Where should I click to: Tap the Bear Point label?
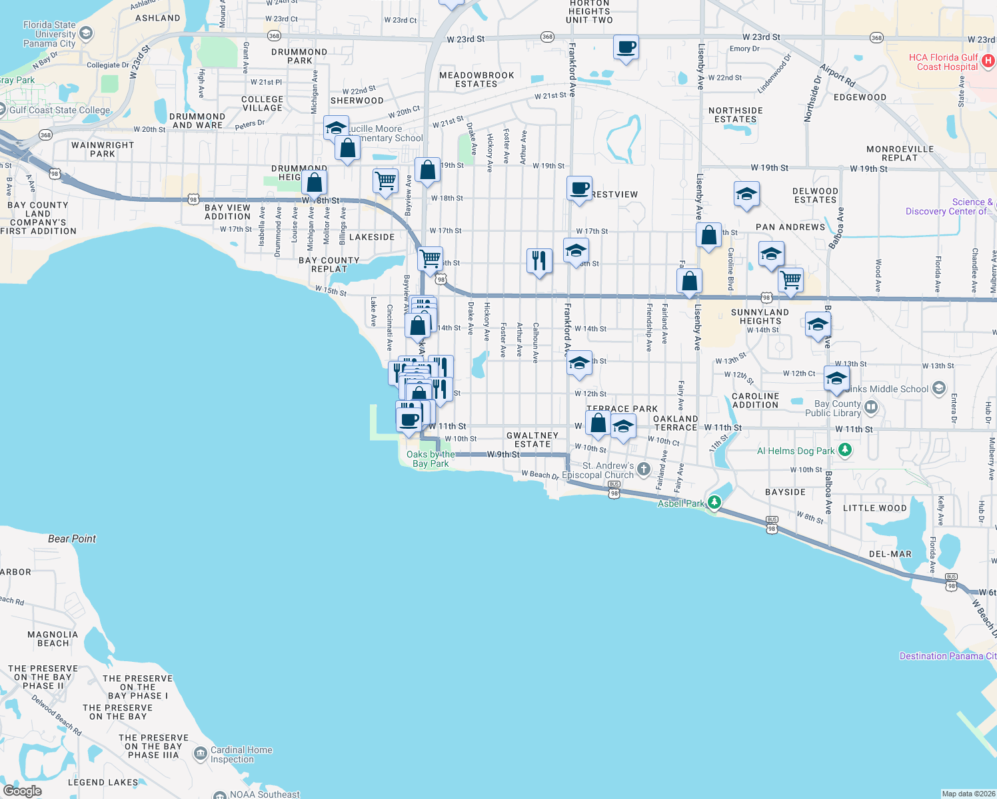pyautogui.click(x=72, y=539)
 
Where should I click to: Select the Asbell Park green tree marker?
pyautogui.click(x=714, y=502)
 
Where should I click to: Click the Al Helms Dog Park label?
pyautogui.click(x=796, y=451)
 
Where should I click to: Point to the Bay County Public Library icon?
pyautogui.click(x=870, y=406)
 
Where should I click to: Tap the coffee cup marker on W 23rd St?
pyautogui.click(x=626, y=48)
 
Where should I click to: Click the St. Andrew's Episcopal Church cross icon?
pyautogui.click(x=643, y=469)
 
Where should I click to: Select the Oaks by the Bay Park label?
pyautogui.click(x=431, y=459)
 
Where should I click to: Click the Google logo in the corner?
pyautogui.click(x=22, y=790)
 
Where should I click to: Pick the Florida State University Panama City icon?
pyautogui.click(x=86, y=33)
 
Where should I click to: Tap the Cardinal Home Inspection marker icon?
pyautogui.click(x=200, y=753)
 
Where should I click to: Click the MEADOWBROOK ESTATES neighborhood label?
pyautogui.click(x=477, y=80)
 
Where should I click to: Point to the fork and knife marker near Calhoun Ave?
pyautogui.click(x=539, y=261)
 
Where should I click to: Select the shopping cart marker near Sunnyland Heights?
pyautogui.click(x=790, y=280)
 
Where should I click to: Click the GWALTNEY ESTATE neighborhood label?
pyautogui.click(x=532, y=439)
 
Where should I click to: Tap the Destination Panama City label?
pyautogui.click(x=948, y=656)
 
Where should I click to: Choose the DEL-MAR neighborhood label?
pyautogui.click(x=890, y=554)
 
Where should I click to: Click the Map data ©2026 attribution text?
pyautogui.click(x=968, y=794)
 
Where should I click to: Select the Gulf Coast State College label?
pyautogui.click(x=60, y=110)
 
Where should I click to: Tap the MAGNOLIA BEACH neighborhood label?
pyautogui.click(x=53, y=639)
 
